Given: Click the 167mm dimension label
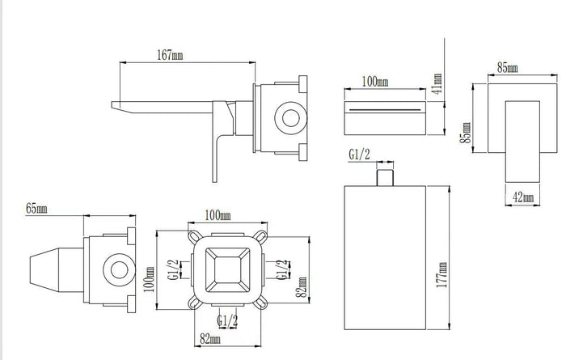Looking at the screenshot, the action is tap(170, 55).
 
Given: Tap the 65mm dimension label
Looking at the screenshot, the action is tap(36, 209).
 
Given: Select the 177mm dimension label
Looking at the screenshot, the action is tap(441, 275).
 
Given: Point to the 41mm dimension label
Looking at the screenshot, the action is tap(437, 83).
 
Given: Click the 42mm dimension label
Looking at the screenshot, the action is tap(523, 197).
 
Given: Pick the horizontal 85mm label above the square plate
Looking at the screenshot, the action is tap(508, 67).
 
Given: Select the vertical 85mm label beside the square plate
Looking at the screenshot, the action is tap(466, 133).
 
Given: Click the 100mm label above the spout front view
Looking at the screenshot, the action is tap(375, 81).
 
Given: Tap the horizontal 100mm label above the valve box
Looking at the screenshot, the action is tap(218, 215).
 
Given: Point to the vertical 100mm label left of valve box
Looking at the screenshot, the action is tap(150, 279).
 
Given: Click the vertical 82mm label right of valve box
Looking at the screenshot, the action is tap(302, 287).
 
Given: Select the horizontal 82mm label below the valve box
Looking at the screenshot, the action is tap(210, 339).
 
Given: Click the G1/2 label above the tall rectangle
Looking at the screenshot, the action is tap(359, 155).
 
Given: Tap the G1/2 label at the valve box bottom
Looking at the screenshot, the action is tap(227, 320).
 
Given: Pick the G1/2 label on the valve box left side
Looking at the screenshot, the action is tap(173, 269).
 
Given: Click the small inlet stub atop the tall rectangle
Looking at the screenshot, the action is tap(385, 177).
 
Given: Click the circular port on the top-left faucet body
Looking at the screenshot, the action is tap(290, 118).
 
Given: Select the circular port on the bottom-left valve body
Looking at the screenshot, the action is tap(119, 270).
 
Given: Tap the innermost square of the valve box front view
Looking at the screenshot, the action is tap(227, 270).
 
